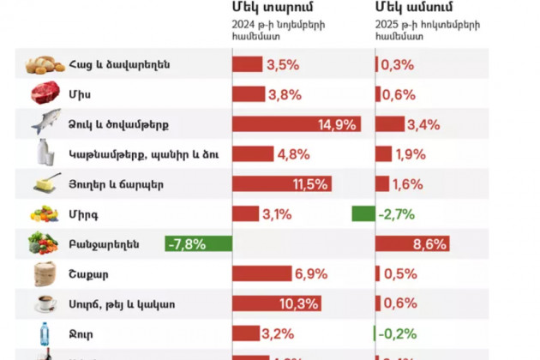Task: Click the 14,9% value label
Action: pyautogui.click(x=336, y=124)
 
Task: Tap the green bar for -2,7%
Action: pyautogui.click(x=363, y=214)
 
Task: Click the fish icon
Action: pyautogui.click(x=47, y=123)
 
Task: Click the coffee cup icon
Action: pyautogui.click(x=45, y=303)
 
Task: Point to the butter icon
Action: pyautogui.click(x=47, y=183)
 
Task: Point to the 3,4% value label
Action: pyautogui.click(x=423, y=124)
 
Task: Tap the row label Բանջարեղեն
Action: pyautogui.click(x=104, y=244)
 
